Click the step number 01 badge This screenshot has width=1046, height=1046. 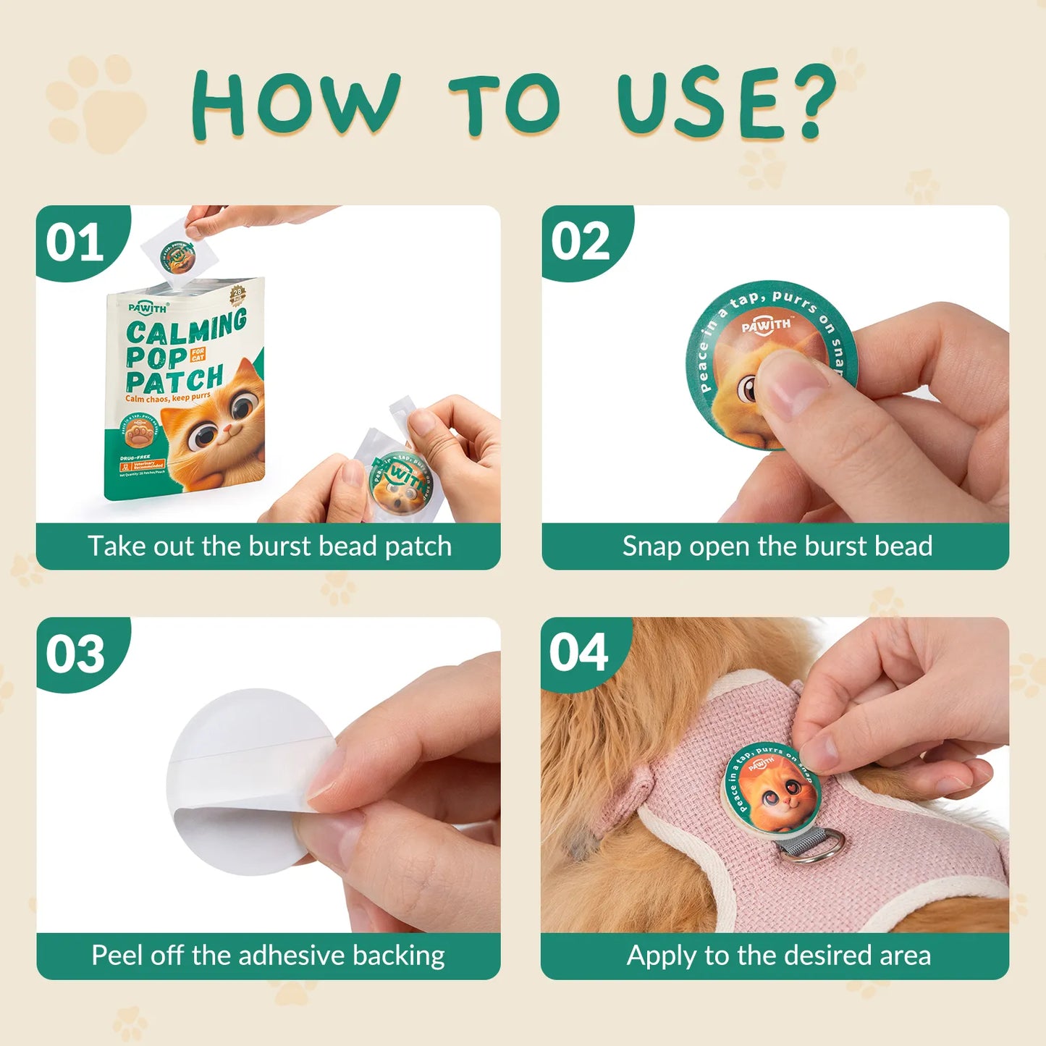click(75, 242)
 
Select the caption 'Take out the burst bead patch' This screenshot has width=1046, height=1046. click(269, 547)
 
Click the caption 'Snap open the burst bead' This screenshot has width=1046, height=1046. click(777, 547)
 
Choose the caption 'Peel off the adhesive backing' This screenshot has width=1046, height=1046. click(268, 956)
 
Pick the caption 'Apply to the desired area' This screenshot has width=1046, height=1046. click(778, 956)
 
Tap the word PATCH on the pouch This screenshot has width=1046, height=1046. click(174, 380)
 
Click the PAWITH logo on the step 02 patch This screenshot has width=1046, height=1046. click(766, 326)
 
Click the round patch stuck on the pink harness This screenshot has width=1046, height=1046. click(772, 789)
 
